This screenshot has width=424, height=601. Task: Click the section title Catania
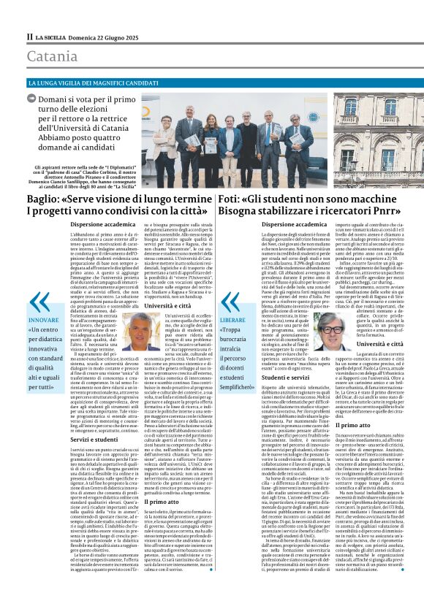pyautogui.click(x=53, y=55)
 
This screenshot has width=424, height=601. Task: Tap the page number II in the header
pyautogui.click(x=30, y=37)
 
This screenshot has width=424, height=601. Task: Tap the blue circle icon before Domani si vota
pyautogui.click(x=33, y=100)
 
